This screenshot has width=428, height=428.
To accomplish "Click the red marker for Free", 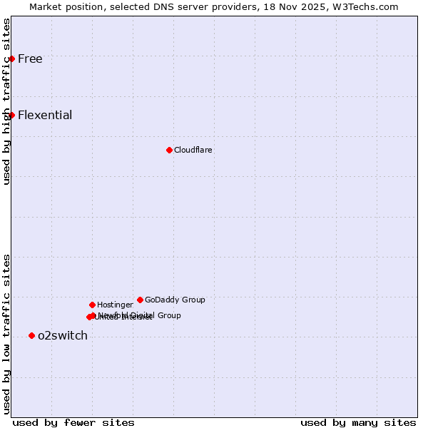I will click(x=12, y=58).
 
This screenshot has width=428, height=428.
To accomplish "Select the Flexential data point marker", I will click(x=12, y=115).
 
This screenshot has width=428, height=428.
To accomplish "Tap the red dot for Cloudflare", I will click(x=169, y=150).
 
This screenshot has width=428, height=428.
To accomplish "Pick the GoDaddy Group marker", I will click(x=140, y=300).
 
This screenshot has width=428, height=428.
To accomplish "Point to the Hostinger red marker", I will click(x=92, y=305).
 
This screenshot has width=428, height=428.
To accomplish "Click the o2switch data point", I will click(x=31, y=335).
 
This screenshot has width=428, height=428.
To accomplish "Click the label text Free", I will click(x=30, y=58).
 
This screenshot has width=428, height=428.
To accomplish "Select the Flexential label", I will click(x=45, y=115).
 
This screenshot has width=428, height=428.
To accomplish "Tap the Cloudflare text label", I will click(x=193, y=150).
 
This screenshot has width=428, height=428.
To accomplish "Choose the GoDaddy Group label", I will click(x=175, y=300).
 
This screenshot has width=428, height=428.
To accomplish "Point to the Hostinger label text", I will click(x=115, y=305).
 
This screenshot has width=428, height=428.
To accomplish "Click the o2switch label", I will click(x=63, y=335).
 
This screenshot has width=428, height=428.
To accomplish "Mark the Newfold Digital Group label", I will click(x=140, y=315).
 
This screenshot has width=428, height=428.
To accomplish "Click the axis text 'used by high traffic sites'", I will click(x=7, y=101).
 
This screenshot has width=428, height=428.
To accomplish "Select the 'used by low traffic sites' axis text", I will click(x=7, y=333).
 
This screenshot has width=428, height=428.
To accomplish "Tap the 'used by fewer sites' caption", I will click(x=73, y=422).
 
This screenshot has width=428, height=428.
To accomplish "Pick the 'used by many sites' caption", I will click(x=358, y=422).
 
